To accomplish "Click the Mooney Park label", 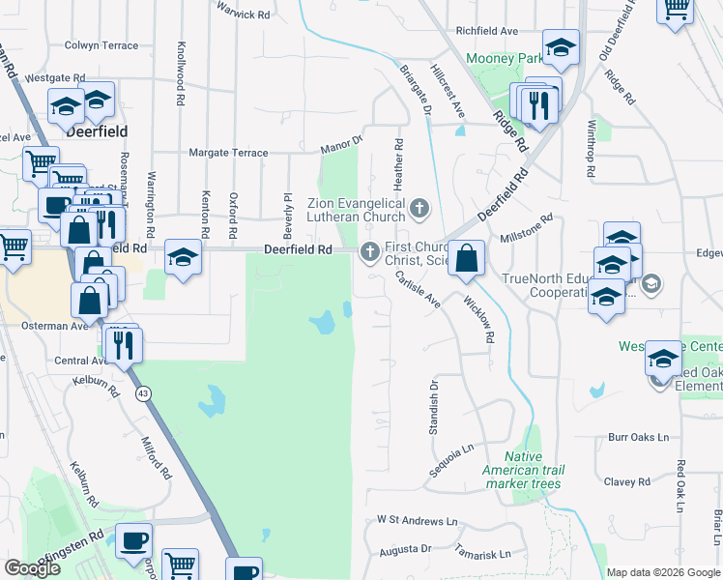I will point(504,59).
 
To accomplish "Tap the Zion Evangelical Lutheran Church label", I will point(357,210).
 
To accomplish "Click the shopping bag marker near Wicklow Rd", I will point(466,259).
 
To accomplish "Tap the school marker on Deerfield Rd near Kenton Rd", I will point(182,258).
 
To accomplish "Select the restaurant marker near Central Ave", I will point(123,345).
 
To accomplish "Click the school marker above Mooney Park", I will point(560,47).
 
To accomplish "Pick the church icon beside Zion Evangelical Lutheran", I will point(419,207).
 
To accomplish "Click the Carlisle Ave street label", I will point(418,289).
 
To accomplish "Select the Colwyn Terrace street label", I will point(101,45).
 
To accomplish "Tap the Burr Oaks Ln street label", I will point(638,437).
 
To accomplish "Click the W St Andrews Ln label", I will point(417,520).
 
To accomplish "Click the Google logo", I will point(32,568).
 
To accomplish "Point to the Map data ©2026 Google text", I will point(662,572).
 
